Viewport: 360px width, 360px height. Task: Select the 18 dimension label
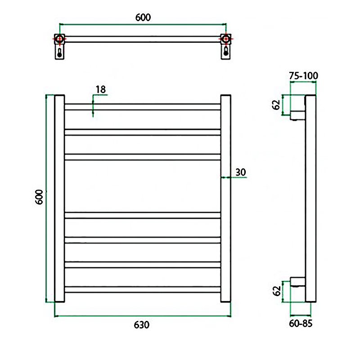[x=100, y=89]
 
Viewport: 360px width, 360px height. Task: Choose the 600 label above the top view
[x=143, y=18]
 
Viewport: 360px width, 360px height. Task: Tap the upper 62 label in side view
[x=276, y=105]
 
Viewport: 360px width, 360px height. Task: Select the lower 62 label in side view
[x=276, y=291]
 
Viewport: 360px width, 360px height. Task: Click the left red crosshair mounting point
[x=59, y=39]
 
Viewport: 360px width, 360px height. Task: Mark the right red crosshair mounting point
[x=225, y=39]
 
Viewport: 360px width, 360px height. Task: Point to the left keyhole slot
[x=59, y=53]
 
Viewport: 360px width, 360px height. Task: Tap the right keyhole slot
[x=225, y=53]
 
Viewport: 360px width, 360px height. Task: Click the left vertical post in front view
[x=60, y=198]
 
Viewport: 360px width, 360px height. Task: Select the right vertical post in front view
[x=225, y=198]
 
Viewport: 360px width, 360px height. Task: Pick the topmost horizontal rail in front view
[x=143, y=107]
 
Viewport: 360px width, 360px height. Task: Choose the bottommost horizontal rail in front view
[x=143, y=290]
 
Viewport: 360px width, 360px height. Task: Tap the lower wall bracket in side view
[x=297, y=283]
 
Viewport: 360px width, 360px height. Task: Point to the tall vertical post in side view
[x=310, y=198]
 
